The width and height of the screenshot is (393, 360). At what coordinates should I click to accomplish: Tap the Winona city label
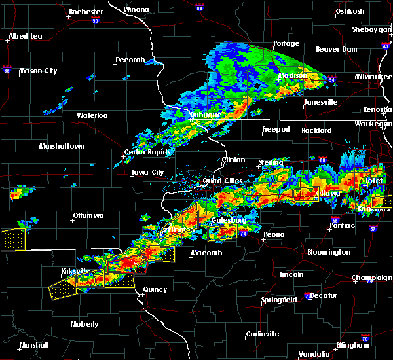[x=136, y=10]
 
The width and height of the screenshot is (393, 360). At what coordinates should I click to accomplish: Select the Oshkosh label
[x=349, y=11]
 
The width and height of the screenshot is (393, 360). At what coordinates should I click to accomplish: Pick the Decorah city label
[x=130, y=60]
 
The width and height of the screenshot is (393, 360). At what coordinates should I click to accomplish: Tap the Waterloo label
[x=92, y=115]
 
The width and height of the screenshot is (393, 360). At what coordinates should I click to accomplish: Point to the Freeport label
[x=275, y=129]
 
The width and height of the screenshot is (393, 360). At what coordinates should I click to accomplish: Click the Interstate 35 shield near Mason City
[x=7, y=68]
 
